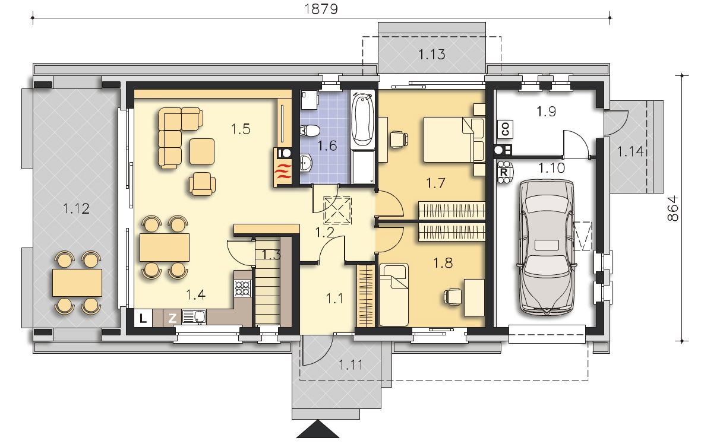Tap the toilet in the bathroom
coord(310,131)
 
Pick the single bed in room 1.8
coord(394,295)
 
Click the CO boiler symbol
coord(506,129)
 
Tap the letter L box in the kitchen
coord(143,318)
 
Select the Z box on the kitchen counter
coord(172,318)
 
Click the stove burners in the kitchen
coord(243,288)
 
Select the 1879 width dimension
coord(321,9)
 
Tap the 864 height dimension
coord(672,208)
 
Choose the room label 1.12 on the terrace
coord(77,208)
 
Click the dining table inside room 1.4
coord(165,248)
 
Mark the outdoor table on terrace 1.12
coord(77,283)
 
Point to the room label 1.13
coord(432,54)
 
